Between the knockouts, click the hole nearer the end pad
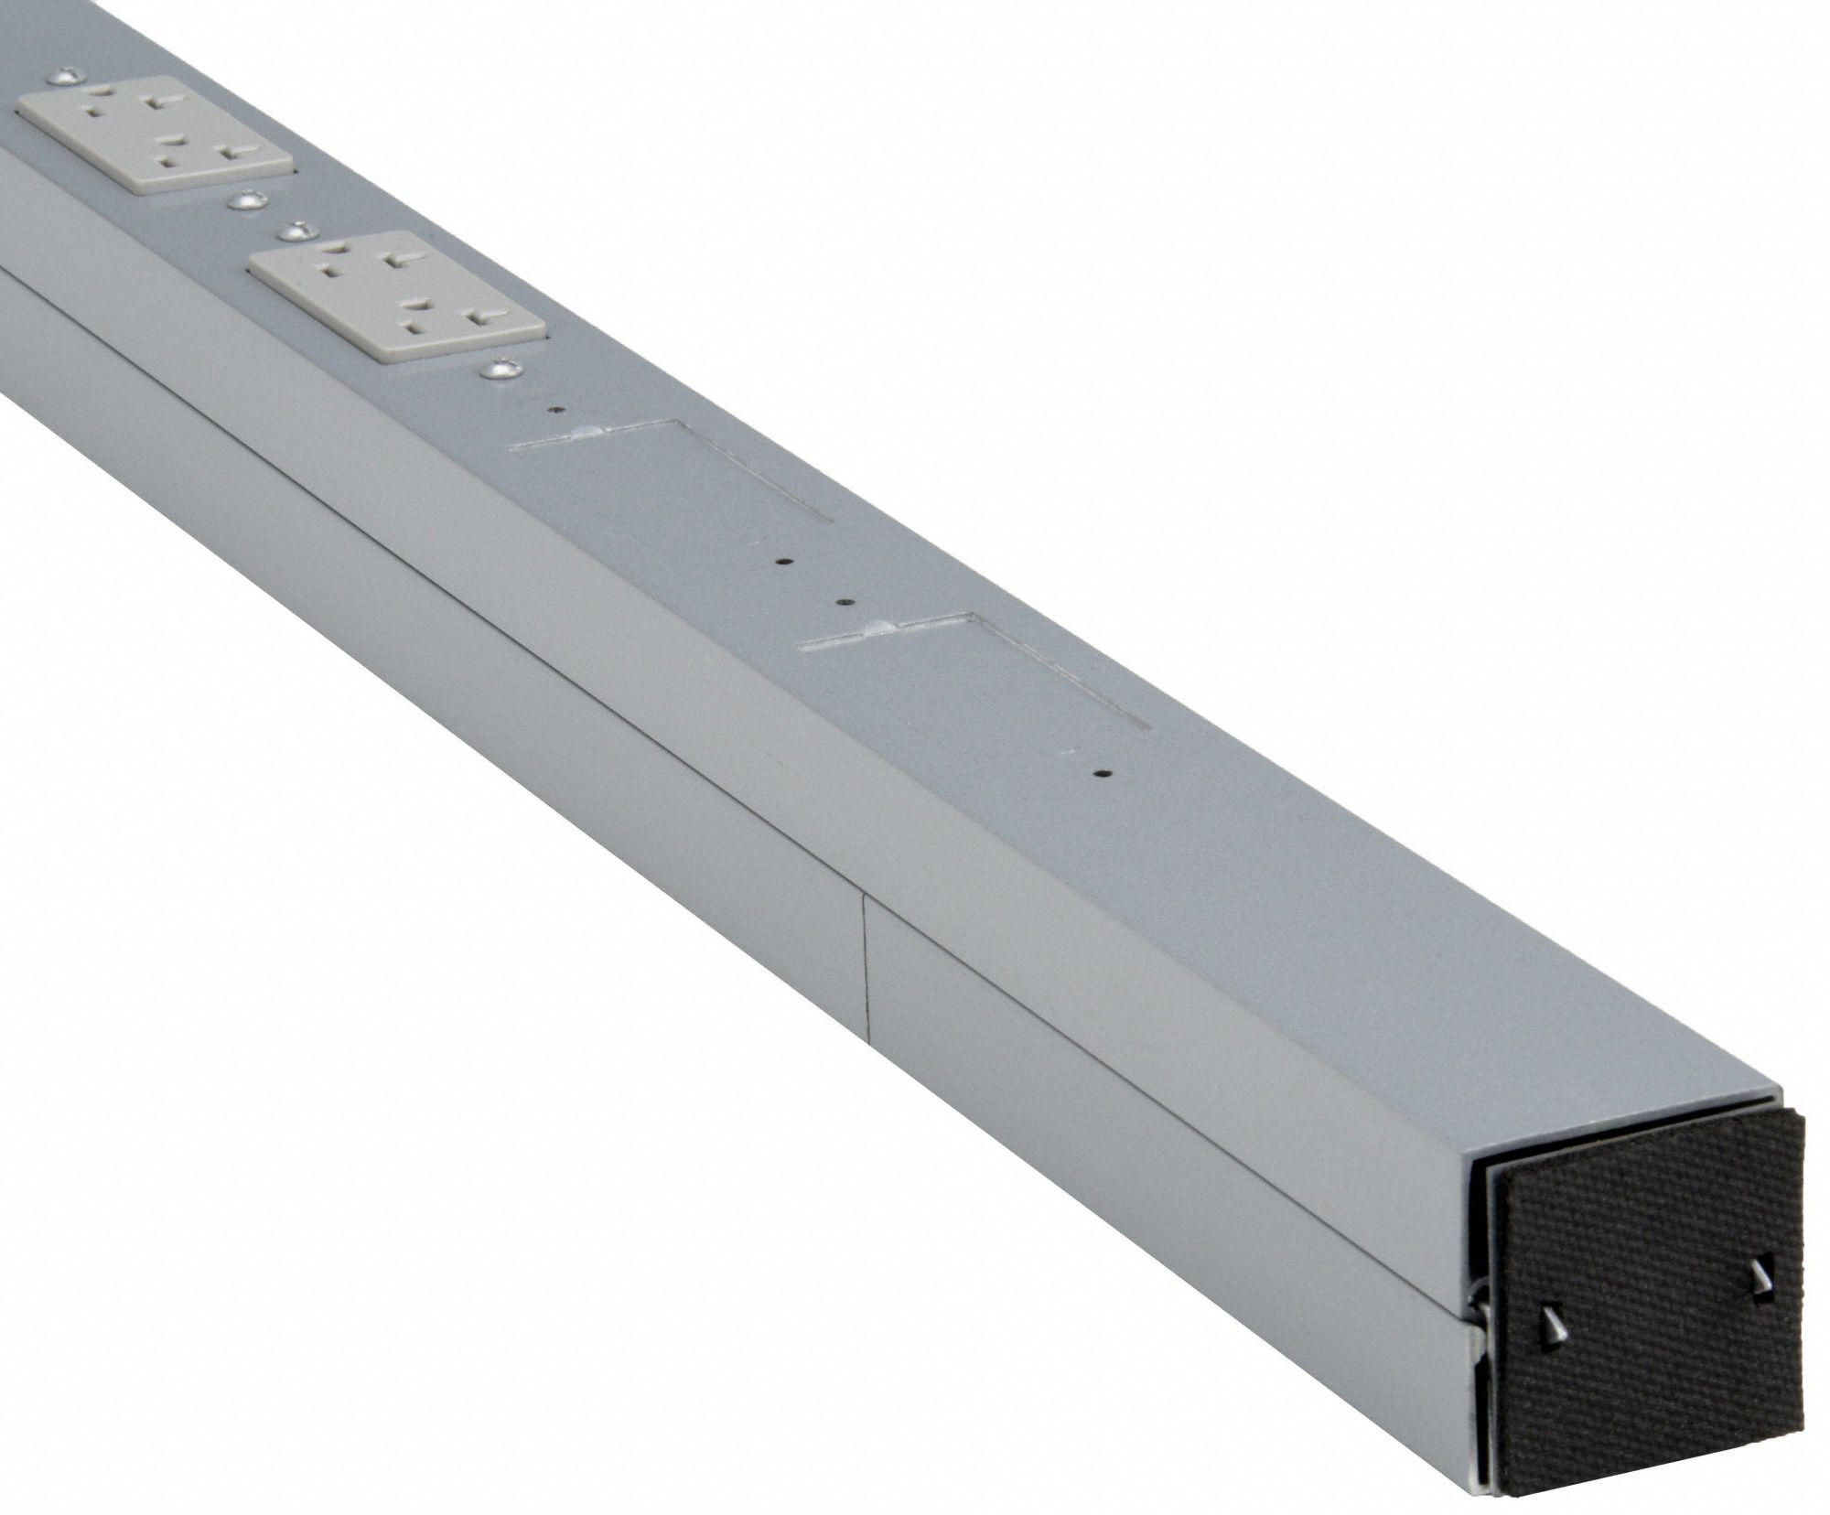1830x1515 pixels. (x=846, y=603)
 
